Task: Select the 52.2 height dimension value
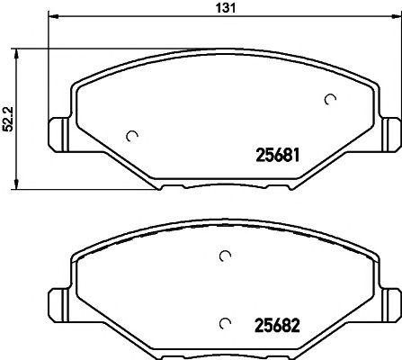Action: tap(8, 117)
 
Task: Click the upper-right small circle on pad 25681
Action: tap(330, 99)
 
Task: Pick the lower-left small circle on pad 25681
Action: tap(132, 136)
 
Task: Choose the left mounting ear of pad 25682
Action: tap(57, 301)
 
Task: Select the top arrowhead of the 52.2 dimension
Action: tap(17, 50)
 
